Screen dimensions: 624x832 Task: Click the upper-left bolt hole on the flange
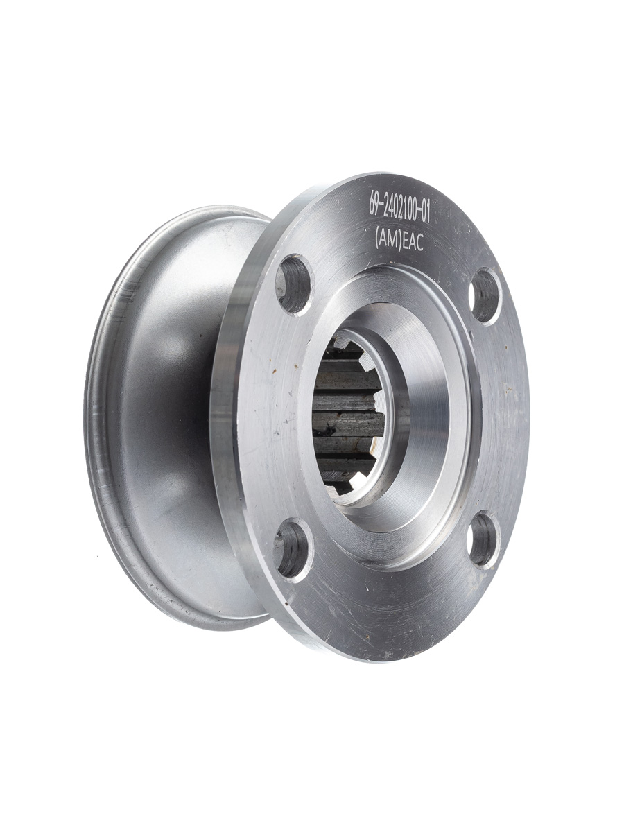click(295, 284)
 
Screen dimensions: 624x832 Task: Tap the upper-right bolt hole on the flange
click(485, 296)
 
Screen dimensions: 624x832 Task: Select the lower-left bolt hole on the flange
click(293, 549)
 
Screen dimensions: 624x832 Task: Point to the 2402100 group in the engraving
click(399, 212)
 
